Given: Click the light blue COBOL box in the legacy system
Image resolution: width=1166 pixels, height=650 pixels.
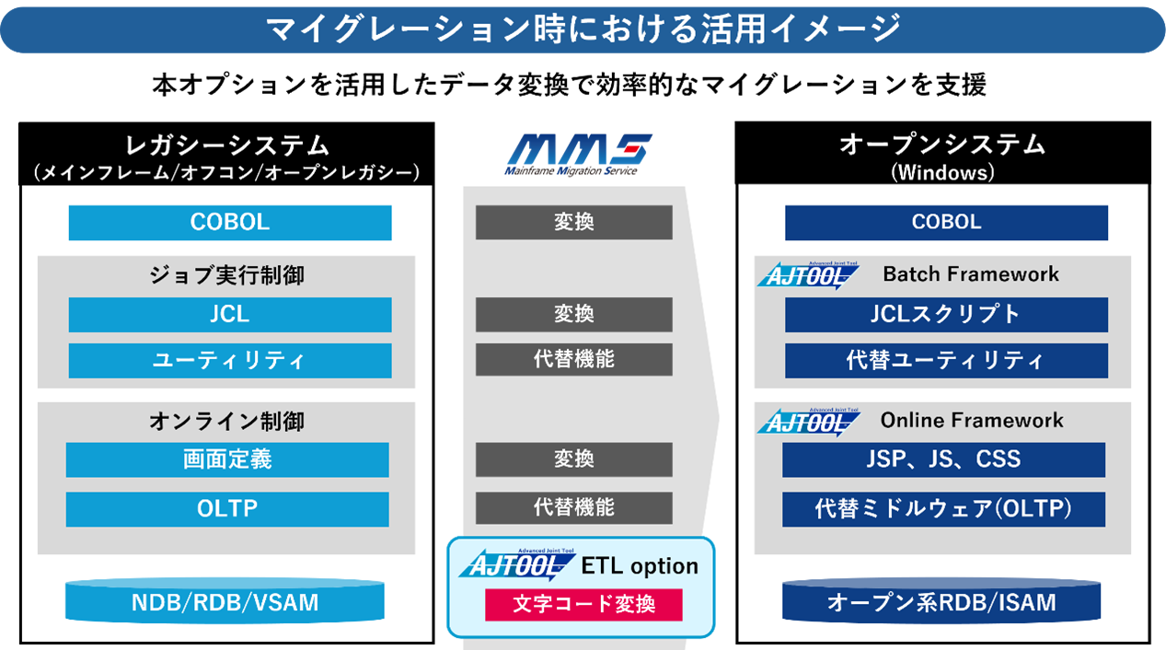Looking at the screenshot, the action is tap(230, 223).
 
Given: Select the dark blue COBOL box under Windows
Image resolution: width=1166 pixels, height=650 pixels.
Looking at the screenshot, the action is tap(946, 223).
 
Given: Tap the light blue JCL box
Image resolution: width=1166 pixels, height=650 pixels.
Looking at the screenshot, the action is tap(230, 315).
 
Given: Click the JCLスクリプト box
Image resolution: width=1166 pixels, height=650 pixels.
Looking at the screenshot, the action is tap(946, 315).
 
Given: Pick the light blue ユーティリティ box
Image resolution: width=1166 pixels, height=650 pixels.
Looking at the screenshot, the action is tap(230, 360).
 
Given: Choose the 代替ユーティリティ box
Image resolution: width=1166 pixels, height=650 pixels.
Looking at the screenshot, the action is tap(946, 360).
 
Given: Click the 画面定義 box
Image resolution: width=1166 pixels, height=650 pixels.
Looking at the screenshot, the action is tap(227, 460).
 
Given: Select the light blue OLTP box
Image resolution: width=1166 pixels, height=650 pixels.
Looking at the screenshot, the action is tap(227, 509).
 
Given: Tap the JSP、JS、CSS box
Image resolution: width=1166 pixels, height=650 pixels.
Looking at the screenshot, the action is tap(943, 460).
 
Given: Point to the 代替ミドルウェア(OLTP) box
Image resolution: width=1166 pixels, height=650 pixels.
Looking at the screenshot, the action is tap(943, 509).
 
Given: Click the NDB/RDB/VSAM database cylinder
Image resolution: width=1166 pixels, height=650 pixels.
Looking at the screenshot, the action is tap(225, 601).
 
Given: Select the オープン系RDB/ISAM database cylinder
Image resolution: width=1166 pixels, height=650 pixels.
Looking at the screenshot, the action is tap(941, 601).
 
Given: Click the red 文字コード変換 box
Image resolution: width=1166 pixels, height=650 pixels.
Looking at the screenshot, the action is tap(583, 605).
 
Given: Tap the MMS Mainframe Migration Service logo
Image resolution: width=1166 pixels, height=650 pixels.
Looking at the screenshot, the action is tap(578, 155).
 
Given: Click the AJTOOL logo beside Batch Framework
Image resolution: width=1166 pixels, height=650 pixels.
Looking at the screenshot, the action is tap(808, 275).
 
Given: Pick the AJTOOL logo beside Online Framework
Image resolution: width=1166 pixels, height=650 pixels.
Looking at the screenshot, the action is tap(808, 422).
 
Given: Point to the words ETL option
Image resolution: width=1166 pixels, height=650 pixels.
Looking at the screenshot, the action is tap(640, 566).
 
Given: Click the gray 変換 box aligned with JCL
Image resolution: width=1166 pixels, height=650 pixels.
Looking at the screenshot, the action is tap(574, 315).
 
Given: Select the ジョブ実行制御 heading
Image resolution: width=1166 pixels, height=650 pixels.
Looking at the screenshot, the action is tap(227, 275).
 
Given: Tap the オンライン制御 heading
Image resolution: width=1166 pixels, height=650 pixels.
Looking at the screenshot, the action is tap(227, 422).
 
